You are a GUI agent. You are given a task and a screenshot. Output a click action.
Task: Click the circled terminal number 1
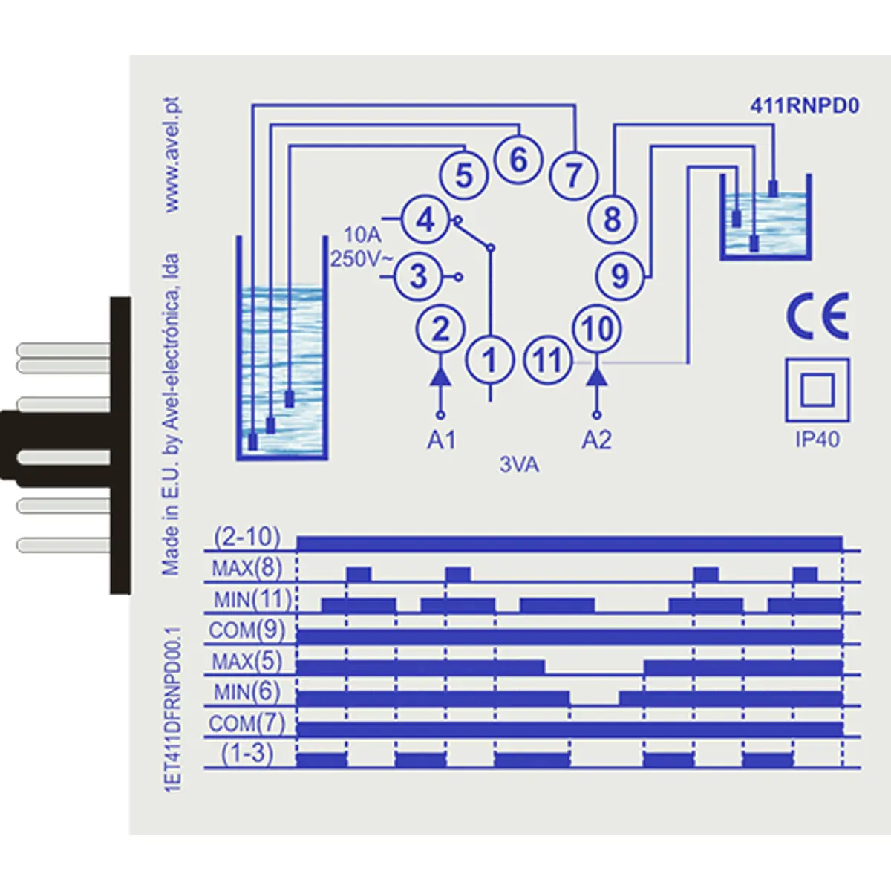pyautogui.click(x=489, y=361)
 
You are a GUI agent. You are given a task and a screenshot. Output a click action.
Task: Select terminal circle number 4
pyautogui.click(x=425, y=220)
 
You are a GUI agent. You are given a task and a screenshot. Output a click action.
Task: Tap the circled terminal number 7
pyautogui.click(x=573, y=176)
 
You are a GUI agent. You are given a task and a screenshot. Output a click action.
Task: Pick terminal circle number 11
pyautogui.click(x=548, y=361)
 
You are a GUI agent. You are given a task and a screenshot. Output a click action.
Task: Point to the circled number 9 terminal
pyautogui.click(x=620, y=276)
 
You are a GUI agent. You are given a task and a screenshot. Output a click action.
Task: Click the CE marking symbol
pyautogui.click(x=817, y=316)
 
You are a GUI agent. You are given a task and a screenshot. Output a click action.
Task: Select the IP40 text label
pyautogui.click(x=817, y=439)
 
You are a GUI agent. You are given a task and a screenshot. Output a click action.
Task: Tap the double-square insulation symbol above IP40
pyautogui.click(x=817, y=390)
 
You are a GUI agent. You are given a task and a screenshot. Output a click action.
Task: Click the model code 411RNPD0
pyautogui.click(x=804, y=106)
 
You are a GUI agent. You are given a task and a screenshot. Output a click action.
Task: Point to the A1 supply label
pyautogui.click(x=441, y=440)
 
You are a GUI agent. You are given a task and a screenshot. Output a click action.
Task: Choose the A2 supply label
pyautogui.click(x=596, y=440)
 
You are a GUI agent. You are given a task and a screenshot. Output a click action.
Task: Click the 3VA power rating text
pyautogui.click(x=519, y=466)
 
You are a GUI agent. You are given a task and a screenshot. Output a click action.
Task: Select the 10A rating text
pyautogui.click(x=362, y=235)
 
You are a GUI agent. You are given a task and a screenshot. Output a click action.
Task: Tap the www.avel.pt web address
pyautogui.click(x=172, y=154)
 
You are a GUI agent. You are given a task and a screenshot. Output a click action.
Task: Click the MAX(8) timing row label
pyautogui.click(x=247, y=569)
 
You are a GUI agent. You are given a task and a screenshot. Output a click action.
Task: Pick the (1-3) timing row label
pyautogui.click(x=247, y=753)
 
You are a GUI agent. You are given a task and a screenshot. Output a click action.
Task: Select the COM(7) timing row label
pyautogui.click(x=247, y=722)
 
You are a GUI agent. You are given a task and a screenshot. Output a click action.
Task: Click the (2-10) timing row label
pyautogui.click(x=247, y=537)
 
